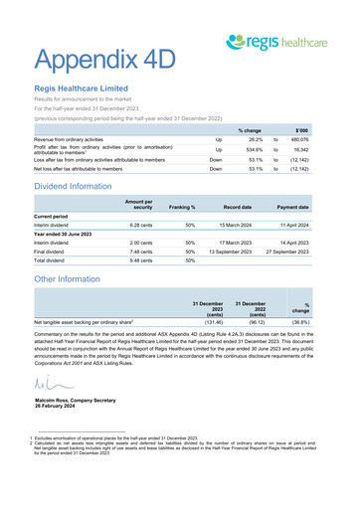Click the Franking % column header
[x=182, y=206]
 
